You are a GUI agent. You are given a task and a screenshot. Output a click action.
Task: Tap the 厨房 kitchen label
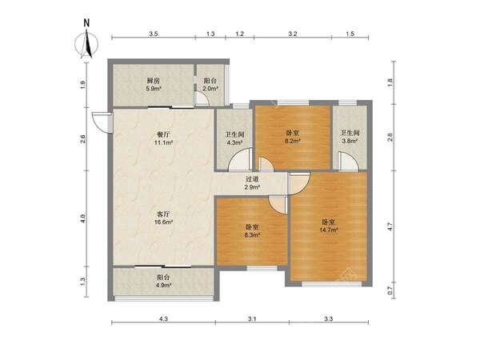(154, 81)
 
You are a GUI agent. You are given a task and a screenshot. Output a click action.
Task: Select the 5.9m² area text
(154, 89)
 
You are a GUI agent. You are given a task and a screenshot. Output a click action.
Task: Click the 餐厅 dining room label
(163, 134)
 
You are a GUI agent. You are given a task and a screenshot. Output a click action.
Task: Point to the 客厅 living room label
(163, 214)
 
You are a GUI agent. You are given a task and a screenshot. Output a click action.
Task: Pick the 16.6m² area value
(164, 222)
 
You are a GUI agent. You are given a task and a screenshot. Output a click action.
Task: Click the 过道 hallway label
(252, 179)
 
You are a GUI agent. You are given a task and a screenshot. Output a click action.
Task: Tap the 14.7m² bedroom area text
(329, 230)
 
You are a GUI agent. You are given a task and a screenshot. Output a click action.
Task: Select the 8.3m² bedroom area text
(252, 234)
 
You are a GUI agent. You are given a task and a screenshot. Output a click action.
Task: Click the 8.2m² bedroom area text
(292, 141)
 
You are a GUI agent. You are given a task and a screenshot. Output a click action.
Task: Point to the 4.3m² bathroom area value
(234, 142)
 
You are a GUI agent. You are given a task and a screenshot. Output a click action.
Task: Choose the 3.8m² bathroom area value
(350, 141)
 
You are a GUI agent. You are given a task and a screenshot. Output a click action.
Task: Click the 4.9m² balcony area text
(164, 286)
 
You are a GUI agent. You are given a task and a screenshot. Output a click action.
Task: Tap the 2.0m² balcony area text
(210, 89)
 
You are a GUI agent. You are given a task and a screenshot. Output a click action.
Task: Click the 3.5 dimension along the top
(154, 34)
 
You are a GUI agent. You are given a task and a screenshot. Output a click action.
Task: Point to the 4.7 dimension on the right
(390, 226)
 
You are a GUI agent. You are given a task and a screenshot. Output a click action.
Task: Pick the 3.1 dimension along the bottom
(252, 319)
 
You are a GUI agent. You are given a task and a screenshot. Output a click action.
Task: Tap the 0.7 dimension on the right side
(390, 290)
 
